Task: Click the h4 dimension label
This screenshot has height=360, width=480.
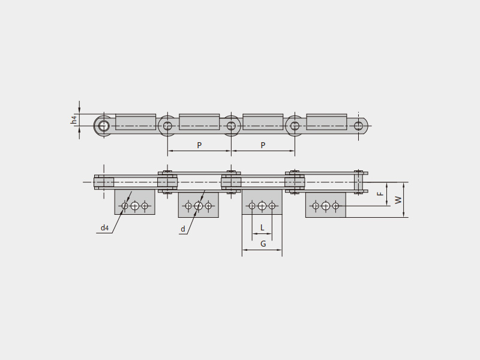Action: [74, 119]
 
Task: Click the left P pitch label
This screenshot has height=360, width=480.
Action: [199, 145]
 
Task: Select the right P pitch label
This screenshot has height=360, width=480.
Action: [263, 145]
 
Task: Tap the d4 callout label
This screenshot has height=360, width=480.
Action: [104, 228]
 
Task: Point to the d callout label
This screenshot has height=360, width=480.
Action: [183, 229]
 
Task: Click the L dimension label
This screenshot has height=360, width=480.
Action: [262, 227]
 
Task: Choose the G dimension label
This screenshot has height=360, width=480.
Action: [263, 244]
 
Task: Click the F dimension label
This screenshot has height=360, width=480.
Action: [380, 194]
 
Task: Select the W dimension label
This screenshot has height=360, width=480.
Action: [398, 200]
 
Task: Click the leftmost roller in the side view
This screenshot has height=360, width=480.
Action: [104, 125]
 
